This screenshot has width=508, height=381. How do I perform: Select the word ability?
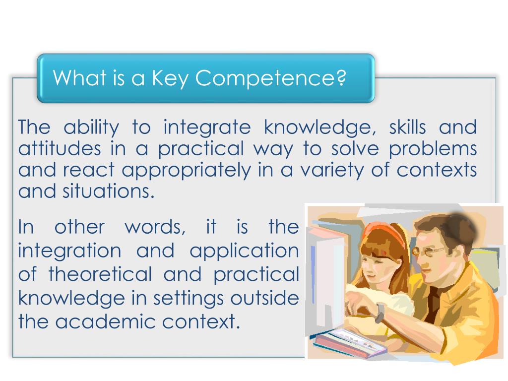tap(91, 127)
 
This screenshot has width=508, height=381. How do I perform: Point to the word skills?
tap(407, 127)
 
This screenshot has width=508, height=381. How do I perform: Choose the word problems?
tap(433, 149)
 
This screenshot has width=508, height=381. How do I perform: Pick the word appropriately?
tap(187, 170)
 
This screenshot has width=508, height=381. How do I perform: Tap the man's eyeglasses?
tap(426, 252)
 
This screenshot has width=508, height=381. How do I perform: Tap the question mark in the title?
tap(341, 78)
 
